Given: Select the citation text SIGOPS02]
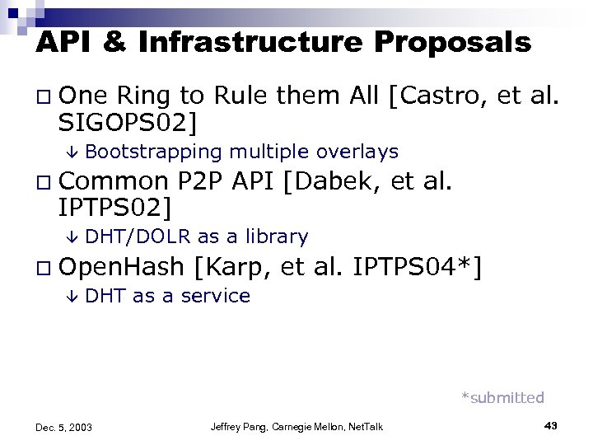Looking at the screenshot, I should pos(128,124).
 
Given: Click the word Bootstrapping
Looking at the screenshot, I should pos(154,152).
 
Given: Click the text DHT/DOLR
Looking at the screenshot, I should pos(138,237).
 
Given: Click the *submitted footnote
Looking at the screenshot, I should pos(502,398).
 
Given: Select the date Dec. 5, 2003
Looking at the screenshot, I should pos(64,427).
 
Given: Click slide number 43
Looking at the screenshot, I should pos(552,425).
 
